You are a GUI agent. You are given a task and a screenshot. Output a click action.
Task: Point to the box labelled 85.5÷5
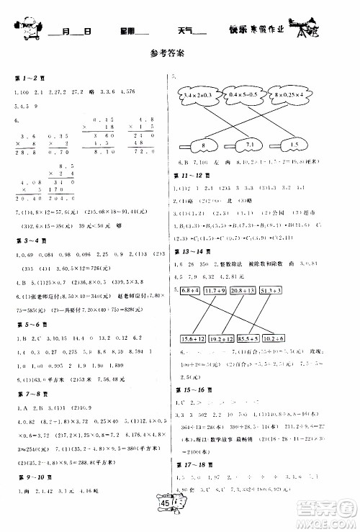coord(271,338)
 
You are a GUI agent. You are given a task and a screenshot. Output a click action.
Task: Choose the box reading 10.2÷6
coord(306,338)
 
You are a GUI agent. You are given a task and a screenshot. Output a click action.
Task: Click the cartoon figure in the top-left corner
coord(23,28)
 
